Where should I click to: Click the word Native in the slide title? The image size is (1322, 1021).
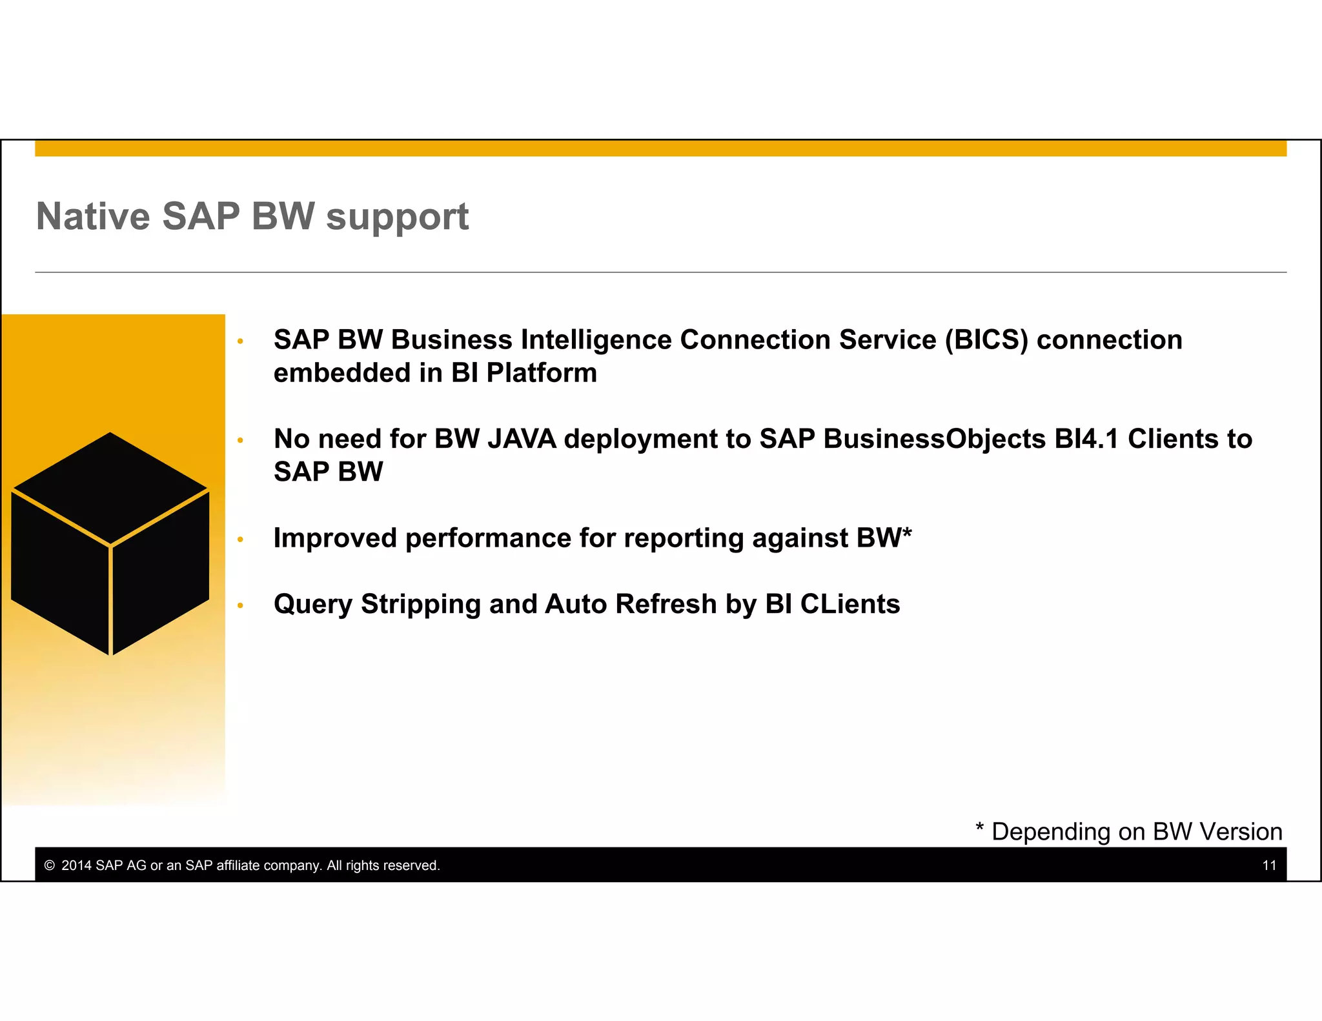[x=93, y=216]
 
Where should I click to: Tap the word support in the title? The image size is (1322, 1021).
[x=397, y=217]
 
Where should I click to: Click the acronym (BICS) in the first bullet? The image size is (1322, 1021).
[x=986, y=340]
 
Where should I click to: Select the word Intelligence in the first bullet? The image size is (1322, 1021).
[x=596, y=340]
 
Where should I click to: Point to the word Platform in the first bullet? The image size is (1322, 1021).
[x=541, y=373]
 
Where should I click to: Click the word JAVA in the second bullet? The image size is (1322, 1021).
[x=522, y=439]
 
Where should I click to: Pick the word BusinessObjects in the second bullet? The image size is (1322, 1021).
[x=935, y=439]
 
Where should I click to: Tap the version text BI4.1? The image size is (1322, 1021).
[x=1086, y=439]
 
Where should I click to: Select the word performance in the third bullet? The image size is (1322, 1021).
[x=488, y=538]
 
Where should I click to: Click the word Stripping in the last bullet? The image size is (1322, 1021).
[x=421, y=605]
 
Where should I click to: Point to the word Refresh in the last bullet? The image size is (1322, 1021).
[x=666, y=605]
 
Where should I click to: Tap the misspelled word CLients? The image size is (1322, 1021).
[x=849, y=605]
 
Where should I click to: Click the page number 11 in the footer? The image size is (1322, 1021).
[x=1269, y=865]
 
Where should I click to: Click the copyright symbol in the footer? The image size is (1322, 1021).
[x=49, y=865]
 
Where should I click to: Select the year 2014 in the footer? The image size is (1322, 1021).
[x=76, y=865]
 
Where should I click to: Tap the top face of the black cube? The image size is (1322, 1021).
[x=110, y=487]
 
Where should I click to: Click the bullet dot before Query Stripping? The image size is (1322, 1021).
[x=240, y=605]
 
